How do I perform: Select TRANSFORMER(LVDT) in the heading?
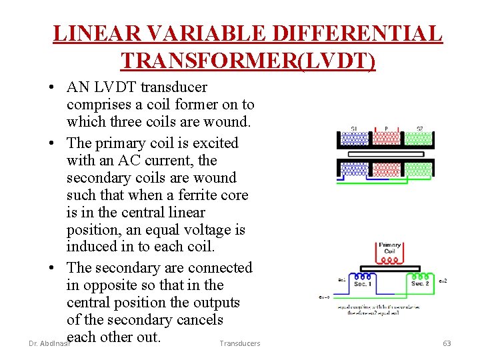point(248,61)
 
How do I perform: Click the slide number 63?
point(447,343)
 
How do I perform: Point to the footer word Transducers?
point(239,343)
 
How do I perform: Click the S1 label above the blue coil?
point(353,129)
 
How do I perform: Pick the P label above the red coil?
point(386,129)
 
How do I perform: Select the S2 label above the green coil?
point(419,129)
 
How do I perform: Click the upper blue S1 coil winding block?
point(355,139)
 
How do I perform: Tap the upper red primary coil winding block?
point(386,139)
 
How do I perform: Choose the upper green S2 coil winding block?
point(418,139)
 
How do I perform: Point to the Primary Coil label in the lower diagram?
point(389,249)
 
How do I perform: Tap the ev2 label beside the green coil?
point(442,281)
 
